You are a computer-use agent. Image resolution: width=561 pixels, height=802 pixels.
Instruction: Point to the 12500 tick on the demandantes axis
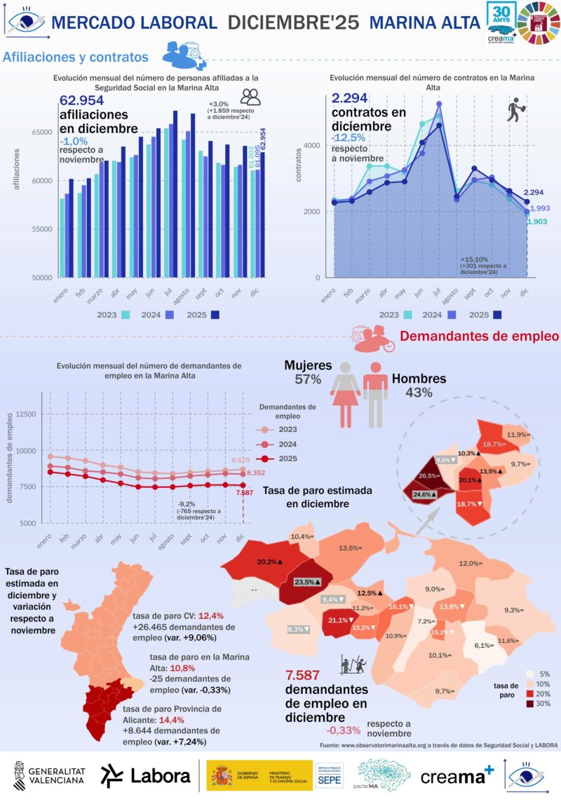coord(27,414)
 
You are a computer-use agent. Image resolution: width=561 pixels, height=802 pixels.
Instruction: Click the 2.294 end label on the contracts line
coord(534,192)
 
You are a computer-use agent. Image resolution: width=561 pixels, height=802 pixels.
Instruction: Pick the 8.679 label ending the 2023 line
coord(243,460)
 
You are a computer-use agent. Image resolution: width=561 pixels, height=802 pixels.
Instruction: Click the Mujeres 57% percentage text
coord(303,379)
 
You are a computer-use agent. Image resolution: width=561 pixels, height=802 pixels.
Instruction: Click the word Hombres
coord(419,379)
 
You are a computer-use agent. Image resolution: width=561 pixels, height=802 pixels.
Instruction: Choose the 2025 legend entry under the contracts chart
coord(488,315)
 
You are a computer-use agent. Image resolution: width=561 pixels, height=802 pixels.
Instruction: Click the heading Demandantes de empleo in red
coord(479,337)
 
